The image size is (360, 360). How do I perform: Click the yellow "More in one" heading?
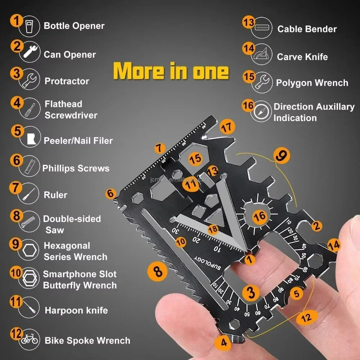click(171, 71)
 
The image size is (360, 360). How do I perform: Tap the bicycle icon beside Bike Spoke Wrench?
click(29, 339)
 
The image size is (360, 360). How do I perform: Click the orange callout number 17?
click(227, 126)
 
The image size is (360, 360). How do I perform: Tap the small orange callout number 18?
click(213, 229)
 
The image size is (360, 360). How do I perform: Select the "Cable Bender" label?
click(307, 29)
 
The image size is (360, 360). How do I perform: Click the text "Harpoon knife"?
click(76, 310)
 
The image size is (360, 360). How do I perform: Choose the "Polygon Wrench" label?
click(312, 83)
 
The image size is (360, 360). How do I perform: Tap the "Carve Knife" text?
click(302, 57)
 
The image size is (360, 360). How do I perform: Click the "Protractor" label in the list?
click(67, 81)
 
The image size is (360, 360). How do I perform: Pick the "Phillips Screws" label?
click(76, 168)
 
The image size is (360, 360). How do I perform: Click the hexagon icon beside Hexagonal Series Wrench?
click(29, 251)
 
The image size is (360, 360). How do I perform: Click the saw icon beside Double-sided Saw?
click(29, 224)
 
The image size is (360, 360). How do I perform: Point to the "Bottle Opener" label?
click(74, 26)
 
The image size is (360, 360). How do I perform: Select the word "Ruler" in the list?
click(55, 195)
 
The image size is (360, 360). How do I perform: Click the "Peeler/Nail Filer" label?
click(78, 141)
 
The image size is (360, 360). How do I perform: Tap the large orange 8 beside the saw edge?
click(158, 271)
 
